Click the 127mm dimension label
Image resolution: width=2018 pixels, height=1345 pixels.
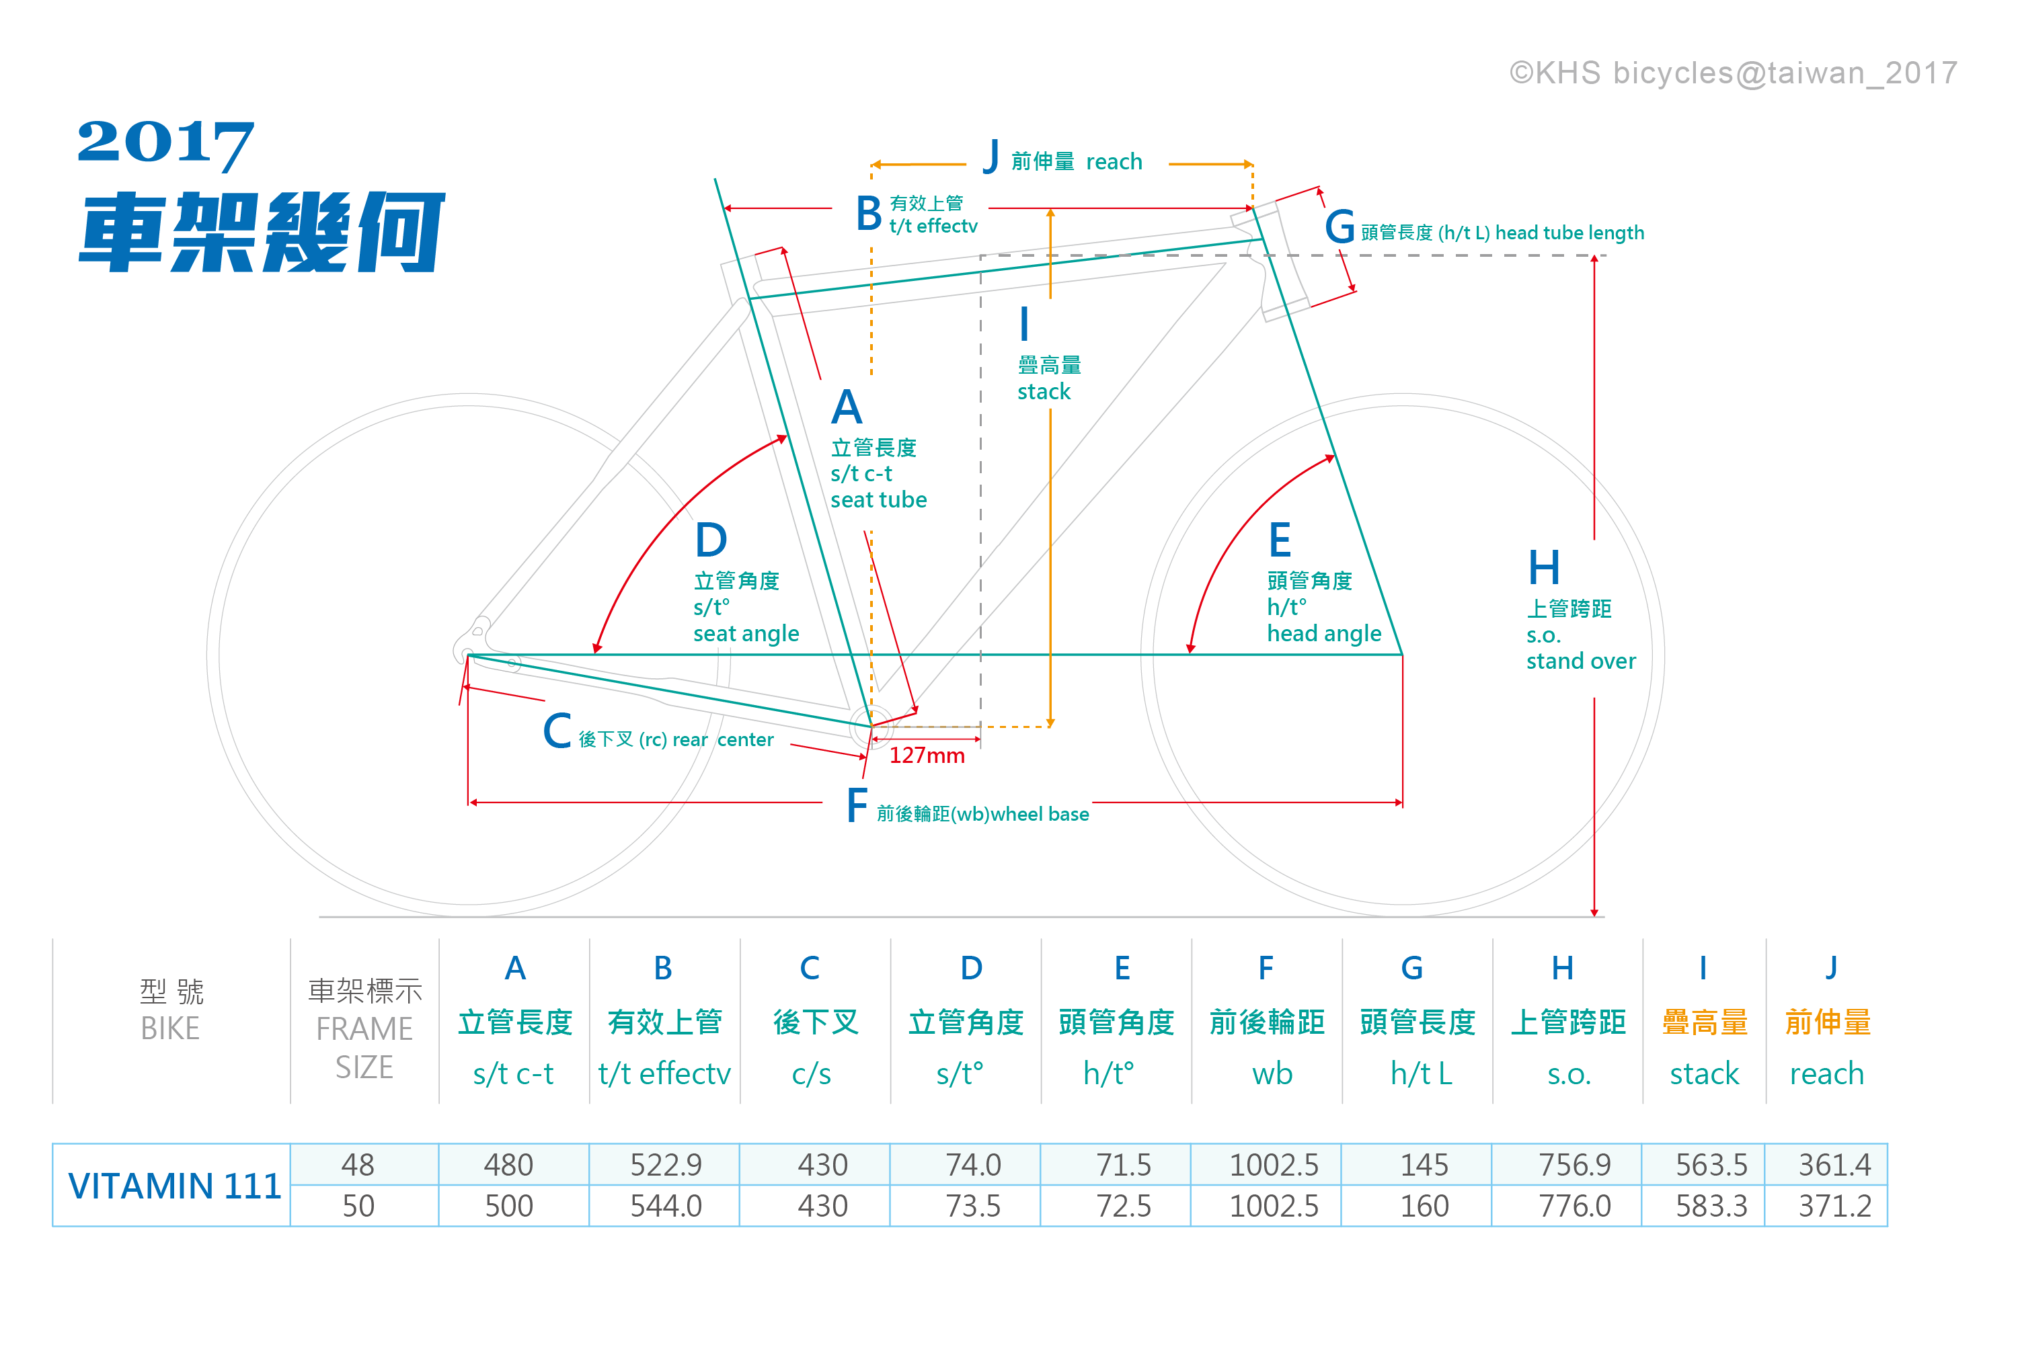(927, 756)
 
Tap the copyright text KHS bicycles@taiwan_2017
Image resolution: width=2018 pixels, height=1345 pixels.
(1733, 73)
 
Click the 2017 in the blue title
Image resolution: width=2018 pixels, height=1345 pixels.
(165, 142)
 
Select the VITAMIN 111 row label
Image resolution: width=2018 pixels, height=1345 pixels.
(174, 1186)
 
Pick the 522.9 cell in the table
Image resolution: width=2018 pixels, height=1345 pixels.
(666, 1165)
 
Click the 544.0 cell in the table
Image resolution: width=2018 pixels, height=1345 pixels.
(666, 1206)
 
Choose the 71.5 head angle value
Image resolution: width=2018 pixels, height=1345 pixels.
(1123, 1165)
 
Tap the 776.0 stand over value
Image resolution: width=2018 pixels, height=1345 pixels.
(1574, 1206)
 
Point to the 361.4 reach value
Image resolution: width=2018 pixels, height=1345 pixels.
(1834, 1165)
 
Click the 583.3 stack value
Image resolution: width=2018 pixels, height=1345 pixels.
(1711, 1206)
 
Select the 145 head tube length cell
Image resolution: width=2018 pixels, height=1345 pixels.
(1424, 1165)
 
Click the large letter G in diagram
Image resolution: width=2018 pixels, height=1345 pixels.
(1340, 227)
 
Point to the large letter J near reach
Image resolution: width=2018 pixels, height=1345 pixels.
(992, 157)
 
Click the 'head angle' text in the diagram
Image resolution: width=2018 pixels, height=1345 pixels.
(1324, 634)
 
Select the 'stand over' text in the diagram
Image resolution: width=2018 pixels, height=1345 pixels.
(1580, 661)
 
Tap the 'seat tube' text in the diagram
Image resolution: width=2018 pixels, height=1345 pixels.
(879, 500)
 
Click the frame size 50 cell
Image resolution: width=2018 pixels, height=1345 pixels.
(358, 1206)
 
